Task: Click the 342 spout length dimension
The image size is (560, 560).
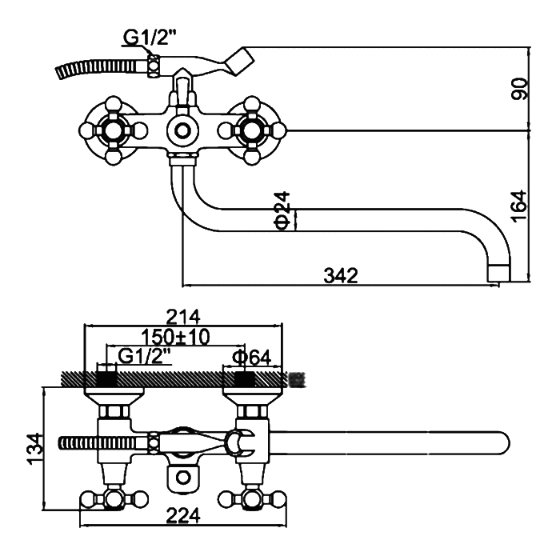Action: point(341,274)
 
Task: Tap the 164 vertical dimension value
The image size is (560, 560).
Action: point(519,206)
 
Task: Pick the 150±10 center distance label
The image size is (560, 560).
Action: point(175,337)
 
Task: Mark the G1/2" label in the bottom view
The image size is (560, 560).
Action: point(143,356)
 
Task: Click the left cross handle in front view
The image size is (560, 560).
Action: point(113,129)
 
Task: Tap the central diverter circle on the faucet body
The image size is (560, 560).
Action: point(182,130)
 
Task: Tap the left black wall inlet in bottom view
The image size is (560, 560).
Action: point(106,378)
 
